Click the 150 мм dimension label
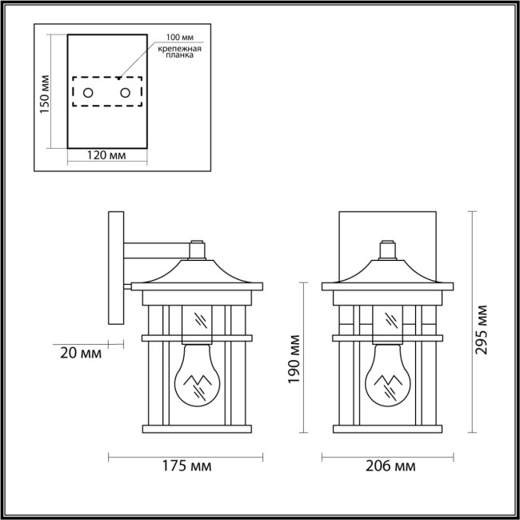pyautogui.click(x=46, y=93)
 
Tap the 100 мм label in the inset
pyautogui.click(x=178, y=38)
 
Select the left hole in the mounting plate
pyautogui.click(x=88, y=93)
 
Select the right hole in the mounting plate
pyautogui.click(x=126, y=93)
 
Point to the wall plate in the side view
pyautogui.click(x=114, y=268)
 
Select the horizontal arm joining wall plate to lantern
pyautogui.click(x=156, y=250)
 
